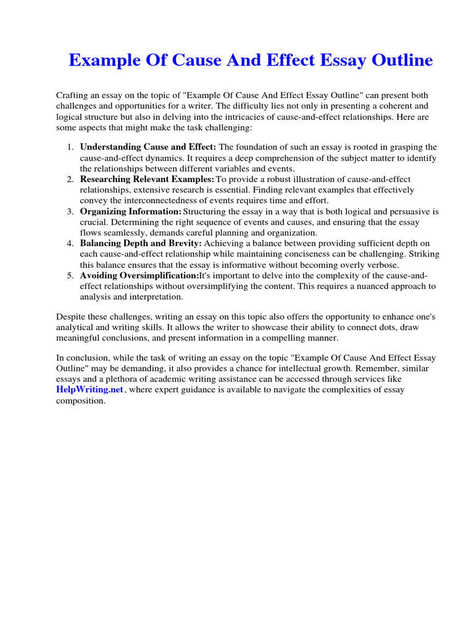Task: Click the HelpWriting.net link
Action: click(90, 390)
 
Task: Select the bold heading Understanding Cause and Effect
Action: click(148, 147)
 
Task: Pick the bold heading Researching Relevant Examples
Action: click(147, 179)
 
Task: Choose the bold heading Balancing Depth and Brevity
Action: click(141, 243)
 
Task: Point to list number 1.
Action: click(70, 147)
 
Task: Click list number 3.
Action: click(70, 211)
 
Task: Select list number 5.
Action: click(70, 275)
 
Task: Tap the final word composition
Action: click(80, 401)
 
